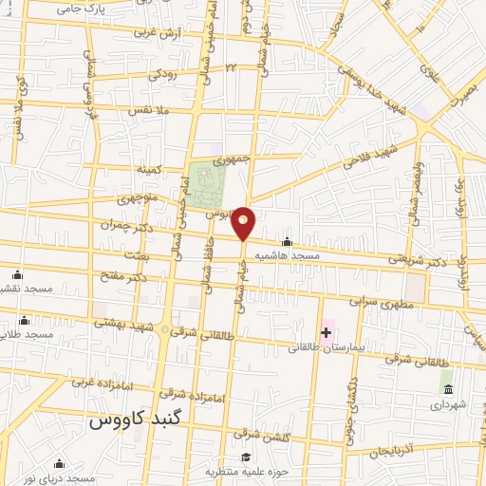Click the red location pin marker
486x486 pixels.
[244, 223]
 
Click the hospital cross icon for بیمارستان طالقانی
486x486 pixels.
[327, 331]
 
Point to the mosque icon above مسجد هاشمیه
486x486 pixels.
[288, 242]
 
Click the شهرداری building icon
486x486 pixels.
[447, 389]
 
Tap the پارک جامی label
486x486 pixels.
[80, 9]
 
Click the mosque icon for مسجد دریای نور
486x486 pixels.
[60, 463]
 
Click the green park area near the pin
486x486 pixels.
[202, 179]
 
